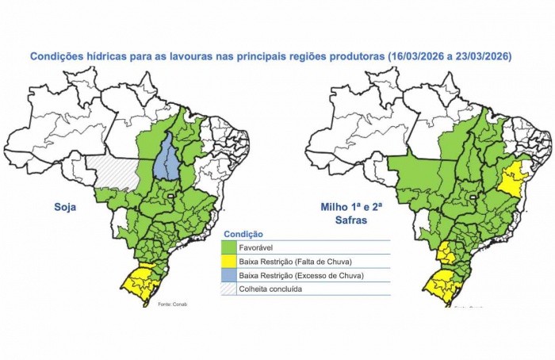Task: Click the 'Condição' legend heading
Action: (x=244, y=234)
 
